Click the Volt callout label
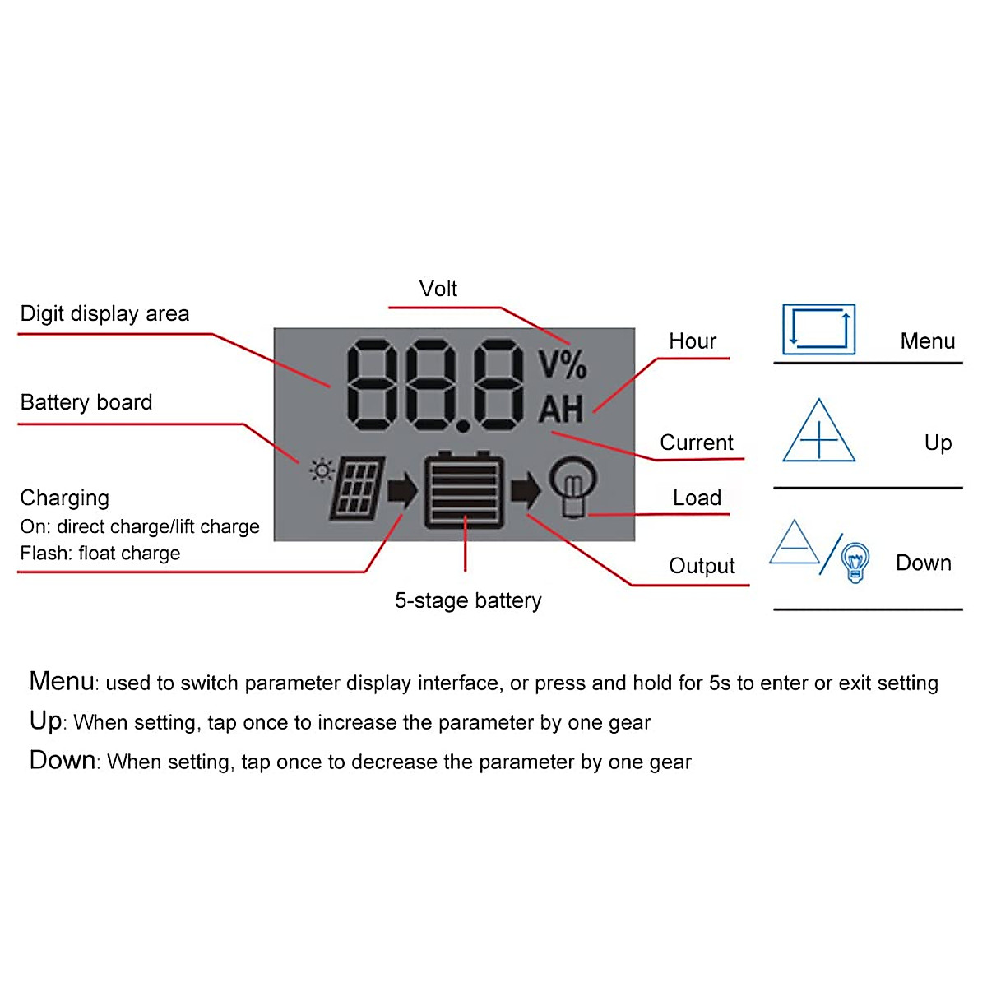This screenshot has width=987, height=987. coord(438,289)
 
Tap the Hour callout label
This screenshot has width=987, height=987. coord(692,341)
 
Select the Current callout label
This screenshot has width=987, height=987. coord(696,443)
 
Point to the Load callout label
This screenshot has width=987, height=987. coord(697,498)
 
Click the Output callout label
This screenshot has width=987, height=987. coord(702,566)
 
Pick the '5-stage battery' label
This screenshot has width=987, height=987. coord(468,600)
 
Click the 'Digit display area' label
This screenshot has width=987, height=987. coord(104,313)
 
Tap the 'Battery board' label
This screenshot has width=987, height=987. coord(86,402)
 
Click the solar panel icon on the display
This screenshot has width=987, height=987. coord(358,489)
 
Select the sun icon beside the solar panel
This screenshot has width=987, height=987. coord(321,470)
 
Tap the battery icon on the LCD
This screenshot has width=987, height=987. coord(465,491)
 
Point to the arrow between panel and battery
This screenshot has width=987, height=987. coord(402,490)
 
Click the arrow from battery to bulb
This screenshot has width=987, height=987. coord(526,490)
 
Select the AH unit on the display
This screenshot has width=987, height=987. coord(561,409)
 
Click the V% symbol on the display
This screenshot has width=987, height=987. coord(563,364)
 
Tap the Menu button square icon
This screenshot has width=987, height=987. coord(818,329)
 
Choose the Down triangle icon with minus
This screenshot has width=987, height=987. coord(795,544)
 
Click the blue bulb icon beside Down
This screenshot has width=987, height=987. coord(855,563)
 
